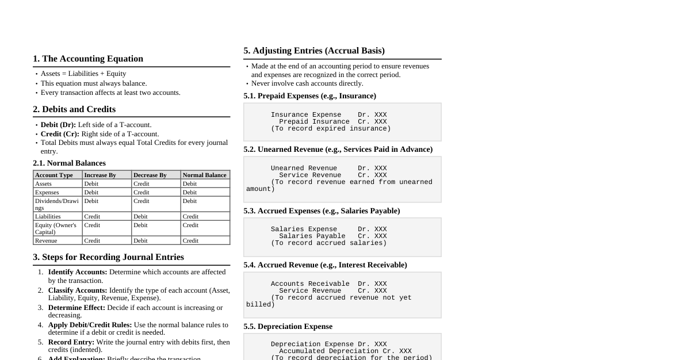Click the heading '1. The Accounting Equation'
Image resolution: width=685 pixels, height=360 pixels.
tap(88, 59)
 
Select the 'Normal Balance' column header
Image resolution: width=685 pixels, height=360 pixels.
tap(204, 175)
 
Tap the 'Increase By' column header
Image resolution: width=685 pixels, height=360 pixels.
tap(100, 175)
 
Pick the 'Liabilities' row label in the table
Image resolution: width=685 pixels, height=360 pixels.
tap(48, 216)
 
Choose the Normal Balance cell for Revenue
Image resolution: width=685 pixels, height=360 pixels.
tap(190, 240)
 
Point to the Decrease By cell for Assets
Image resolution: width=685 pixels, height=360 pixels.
tap(141, 183)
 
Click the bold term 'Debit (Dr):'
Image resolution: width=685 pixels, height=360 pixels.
tap(58, 125)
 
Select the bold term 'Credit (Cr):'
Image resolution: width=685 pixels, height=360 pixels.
tap(60, 134)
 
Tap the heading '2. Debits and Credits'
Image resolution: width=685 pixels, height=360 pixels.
tap(74, 109)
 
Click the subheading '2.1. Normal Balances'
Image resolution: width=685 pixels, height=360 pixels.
tap(69, 163)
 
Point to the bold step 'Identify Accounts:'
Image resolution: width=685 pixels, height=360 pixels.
tap(78, 272)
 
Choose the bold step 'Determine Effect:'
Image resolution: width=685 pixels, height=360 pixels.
tap(76, 308)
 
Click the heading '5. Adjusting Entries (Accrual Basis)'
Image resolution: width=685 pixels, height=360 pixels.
tap(314, 51)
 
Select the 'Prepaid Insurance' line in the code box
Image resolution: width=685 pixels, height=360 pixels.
tap(314, 121)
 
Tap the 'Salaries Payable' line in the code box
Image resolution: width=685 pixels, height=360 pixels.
tap(312, 236)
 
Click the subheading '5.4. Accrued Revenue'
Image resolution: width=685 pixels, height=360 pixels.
tap(325, 265)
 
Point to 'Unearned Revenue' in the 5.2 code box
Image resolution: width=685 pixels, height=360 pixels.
tap(304, 168)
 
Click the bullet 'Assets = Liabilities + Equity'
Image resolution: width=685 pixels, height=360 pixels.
tap(83, 74)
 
